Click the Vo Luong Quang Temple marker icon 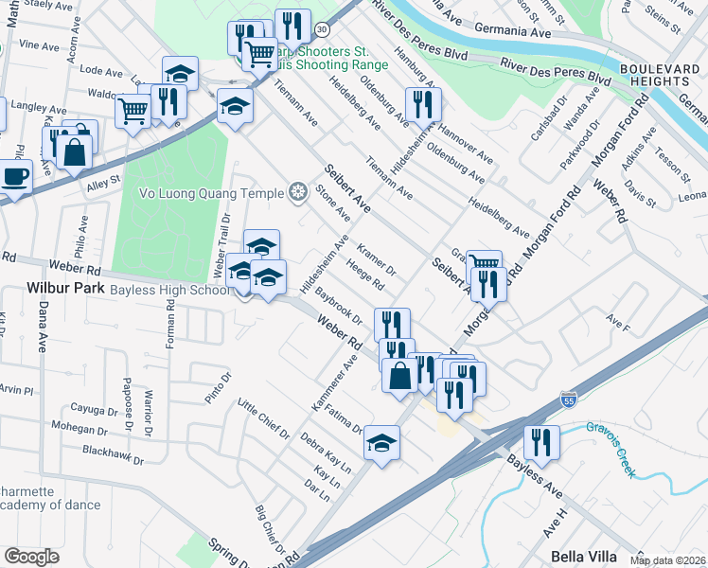pyautogui.click(x=298, y=194)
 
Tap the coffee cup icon pyautogui.click(x=14, y=176)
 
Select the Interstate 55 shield pyautogui.click(x=568, y=400)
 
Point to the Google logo pyautogui.click(x=31, y=557)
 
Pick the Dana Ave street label pyautogui.click(x=43, y=327)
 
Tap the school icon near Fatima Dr pyautogui.click(x=381, y=442)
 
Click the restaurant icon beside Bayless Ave pyautogui.click(x=542, y=442)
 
